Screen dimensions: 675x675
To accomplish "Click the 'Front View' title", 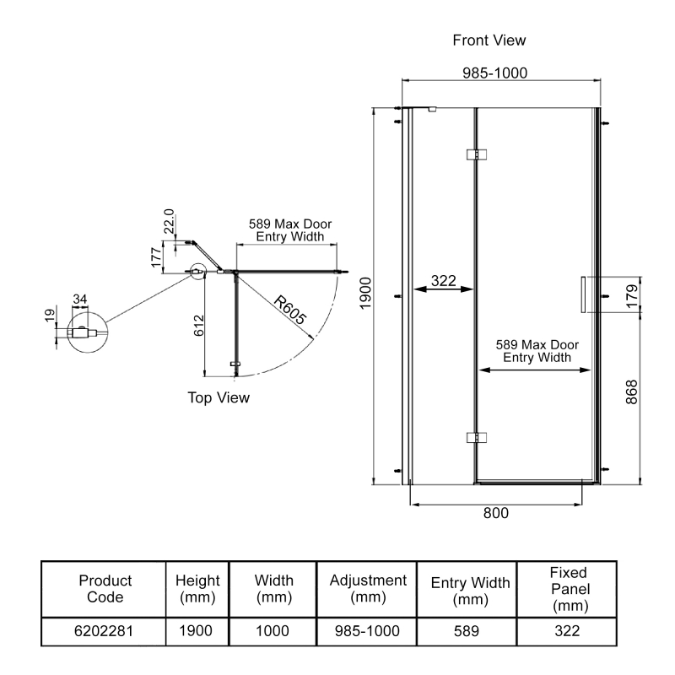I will pos(489,40).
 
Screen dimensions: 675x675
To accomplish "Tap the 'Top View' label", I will pos(219,398).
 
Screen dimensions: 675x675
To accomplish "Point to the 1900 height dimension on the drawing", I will pos(365,295).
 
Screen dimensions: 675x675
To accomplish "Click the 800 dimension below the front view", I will pos(495,512).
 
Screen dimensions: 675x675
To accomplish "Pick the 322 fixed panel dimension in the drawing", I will pos(444,281).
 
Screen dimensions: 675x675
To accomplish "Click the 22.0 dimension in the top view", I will pos(169,221).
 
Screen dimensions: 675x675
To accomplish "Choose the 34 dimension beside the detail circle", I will pos(81,299).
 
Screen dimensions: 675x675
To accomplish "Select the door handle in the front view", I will pos(583,295).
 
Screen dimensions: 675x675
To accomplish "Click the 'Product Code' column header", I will pos(105,589).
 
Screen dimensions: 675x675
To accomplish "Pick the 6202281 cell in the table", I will pos(105,630).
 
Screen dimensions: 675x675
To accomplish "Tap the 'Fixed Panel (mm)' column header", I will pos(567,589).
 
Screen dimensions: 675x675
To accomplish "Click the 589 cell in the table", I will pos(470,630).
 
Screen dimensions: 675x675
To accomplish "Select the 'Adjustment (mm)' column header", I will pos(368,589).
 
